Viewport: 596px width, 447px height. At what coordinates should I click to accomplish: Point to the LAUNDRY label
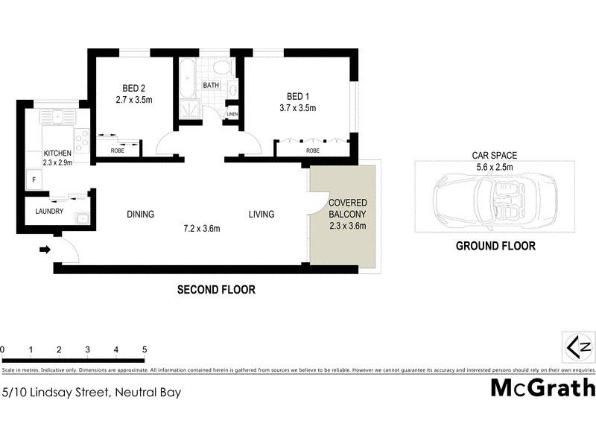click(49, 212)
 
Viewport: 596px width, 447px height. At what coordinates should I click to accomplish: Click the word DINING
click(140, 215)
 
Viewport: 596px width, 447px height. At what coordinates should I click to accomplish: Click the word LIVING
click(261, 215)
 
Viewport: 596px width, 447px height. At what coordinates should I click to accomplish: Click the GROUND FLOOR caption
click(495, 246)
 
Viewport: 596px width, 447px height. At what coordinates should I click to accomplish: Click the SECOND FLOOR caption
click(216, 290)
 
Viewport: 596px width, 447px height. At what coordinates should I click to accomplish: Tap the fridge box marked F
click(33, 179)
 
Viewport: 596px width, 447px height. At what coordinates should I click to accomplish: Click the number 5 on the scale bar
click(145, 349)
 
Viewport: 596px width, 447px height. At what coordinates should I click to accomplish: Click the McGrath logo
click(542, 387)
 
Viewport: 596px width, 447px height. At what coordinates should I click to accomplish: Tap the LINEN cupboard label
click(232, 114)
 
